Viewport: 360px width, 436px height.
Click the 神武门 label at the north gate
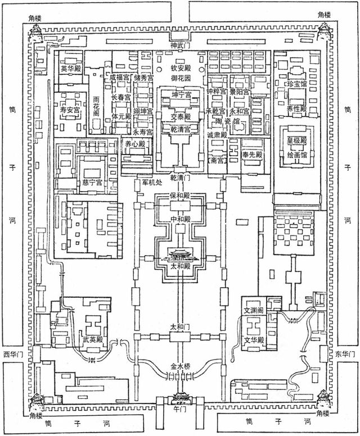(x=180, y=44)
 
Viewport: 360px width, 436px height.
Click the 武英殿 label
(x=92, y=340)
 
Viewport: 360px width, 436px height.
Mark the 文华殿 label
(x=255, y=340)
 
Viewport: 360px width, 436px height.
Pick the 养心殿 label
(x=133, y=144)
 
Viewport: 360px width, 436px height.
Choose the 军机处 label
(x=151, y=182)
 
